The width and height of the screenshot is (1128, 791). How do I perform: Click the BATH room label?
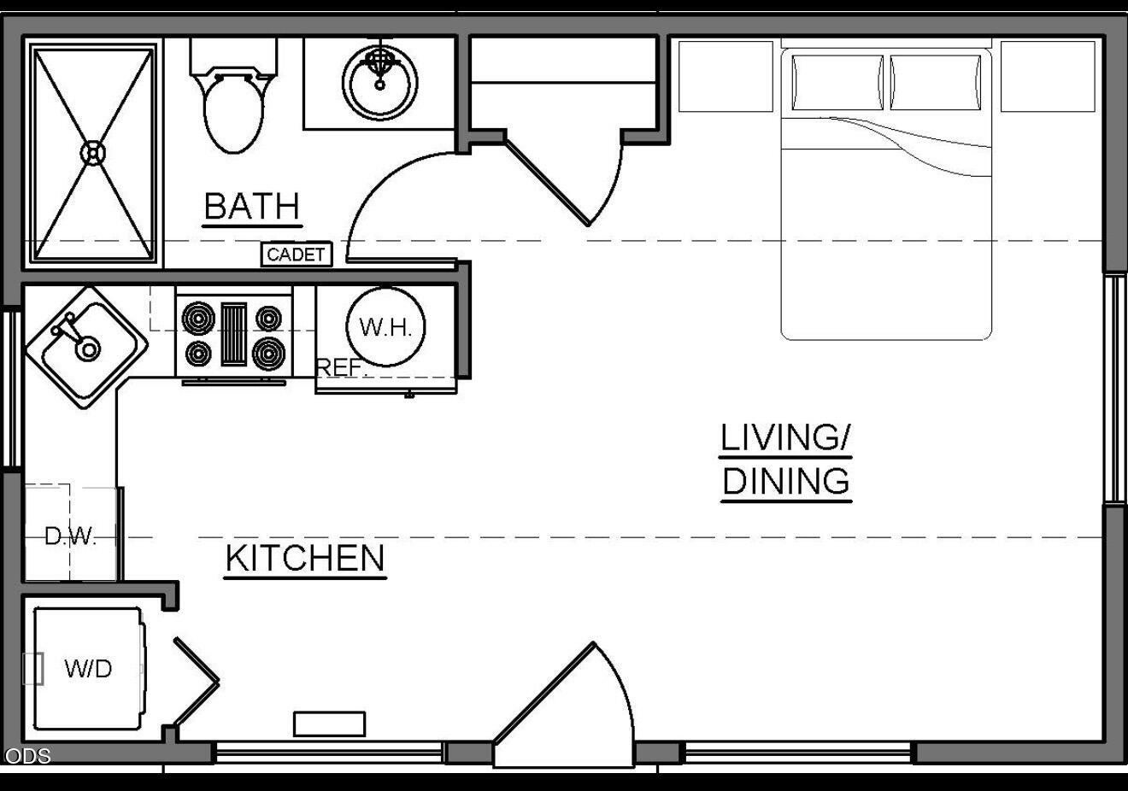tap(252, 206)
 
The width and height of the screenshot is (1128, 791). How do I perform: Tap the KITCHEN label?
tap(305, 558)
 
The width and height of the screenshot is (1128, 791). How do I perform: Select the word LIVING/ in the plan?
tap(785, 437)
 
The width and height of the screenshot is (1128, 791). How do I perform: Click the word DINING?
tap(786, 481)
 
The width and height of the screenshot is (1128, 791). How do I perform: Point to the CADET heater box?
tap(297, 255)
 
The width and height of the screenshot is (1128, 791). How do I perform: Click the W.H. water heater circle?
tap(385, 327)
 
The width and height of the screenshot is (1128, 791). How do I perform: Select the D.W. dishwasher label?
tap(70, 536)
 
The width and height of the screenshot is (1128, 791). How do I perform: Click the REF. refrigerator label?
tap(339, 367)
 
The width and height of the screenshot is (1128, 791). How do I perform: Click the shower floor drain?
tap(93, 153)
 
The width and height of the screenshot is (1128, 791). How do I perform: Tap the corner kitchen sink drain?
tap(88, 349)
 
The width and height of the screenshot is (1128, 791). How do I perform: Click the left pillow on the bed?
tap(837, 82)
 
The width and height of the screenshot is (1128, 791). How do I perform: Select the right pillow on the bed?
tap(936, 82)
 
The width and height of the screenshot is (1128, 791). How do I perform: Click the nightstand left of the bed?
tap(726, 77)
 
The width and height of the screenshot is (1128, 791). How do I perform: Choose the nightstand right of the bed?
tap(1048, 77)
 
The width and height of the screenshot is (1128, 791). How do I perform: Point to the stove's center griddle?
tap(234, 334)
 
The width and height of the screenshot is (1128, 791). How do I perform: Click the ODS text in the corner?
tap(27, 756)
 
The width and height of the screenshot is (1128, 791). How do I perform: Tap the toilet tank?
tap(233, 56)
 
